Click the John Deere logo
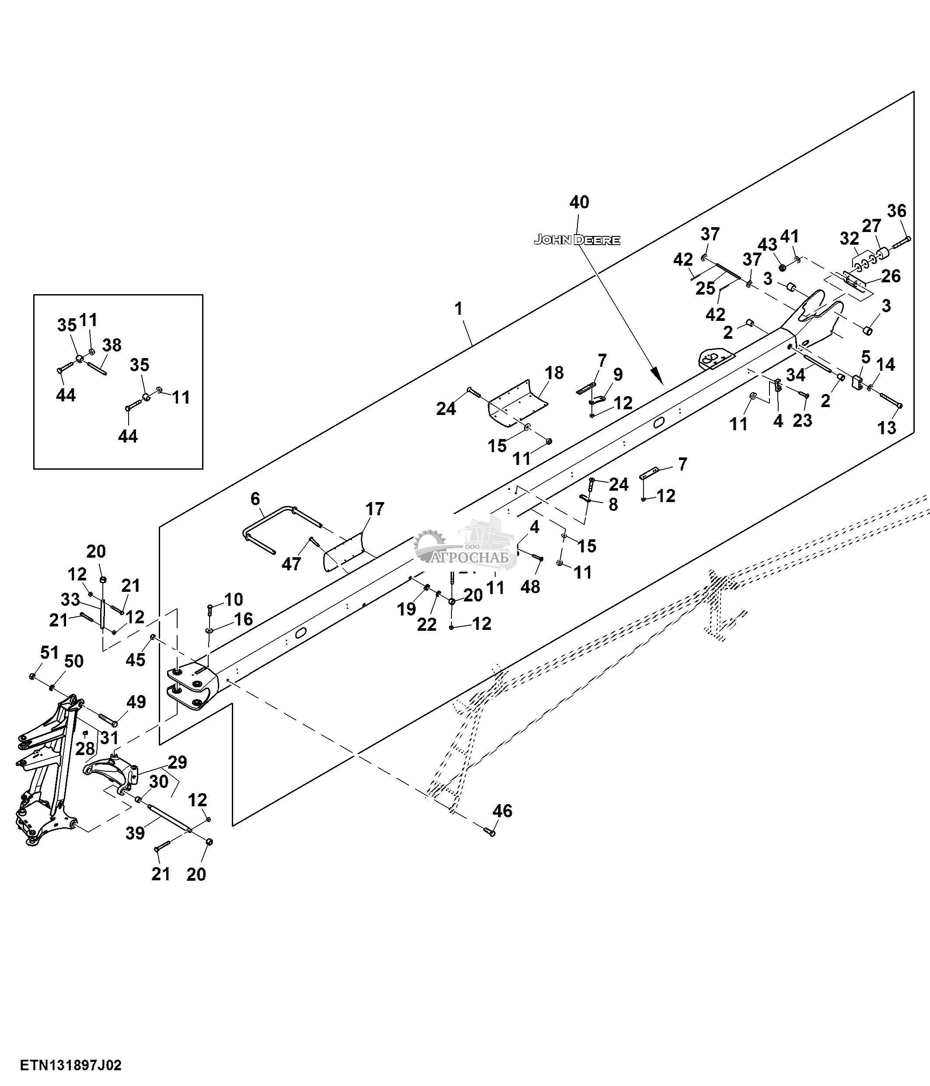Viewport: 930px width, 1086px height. [x=577, y=240]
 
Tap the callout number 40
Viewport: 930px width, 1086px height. [x=579, y=202]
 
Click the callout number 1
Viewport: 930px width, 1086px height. [x=459, y=309]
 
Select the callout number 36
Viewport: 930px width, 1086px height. [x=896, y=211]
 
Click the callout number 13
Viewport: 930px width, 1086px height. [x=887, y=428]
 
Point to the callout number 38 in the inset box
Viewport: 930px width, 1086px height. [x=112, y=345]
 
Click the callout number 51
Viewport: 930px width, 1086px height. [x=49, y=653]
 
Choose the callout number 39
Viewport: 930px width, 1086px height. [x=135, y=833]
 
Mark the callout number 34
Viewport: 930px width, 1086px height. [x=795, y=375]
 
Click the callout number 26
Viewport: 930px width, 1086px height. [x=891, y=276]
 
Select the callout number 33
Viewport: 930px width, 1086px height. [x=71, y=599]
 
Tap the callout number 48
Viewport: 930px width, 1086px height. [x=530, y=587]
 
